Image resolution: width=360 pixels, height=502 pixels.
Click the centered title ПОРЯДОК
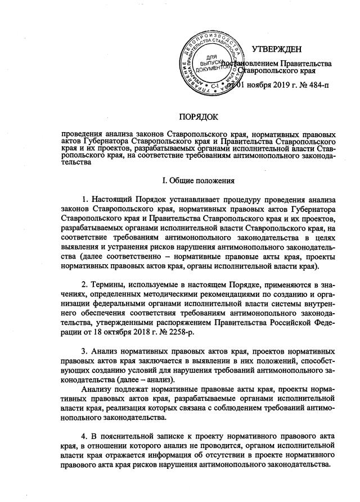[x=199, y=116]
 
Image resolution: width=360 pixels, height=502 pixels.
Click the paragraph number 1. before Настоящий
[x=85, y=200]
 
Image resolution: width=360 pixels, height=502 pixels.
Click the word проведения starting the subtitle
[x=84, y=135]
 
